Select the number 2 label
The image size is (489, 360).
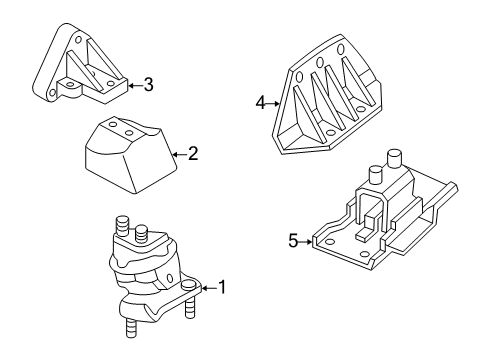(193, 154)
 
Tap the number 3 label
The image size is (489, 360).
(147, 85)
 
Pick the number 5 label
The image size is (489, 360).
(294, 241)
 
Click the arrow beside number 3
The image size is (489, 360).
(133, 85)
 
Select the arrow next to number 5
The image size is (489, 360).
(308, 241)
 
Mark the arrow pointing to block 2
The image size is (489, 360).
(179, 154)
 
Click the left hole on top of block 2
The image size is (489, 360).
(113, 127)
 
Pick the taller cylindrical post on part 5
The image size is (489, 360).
(393, 158)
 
